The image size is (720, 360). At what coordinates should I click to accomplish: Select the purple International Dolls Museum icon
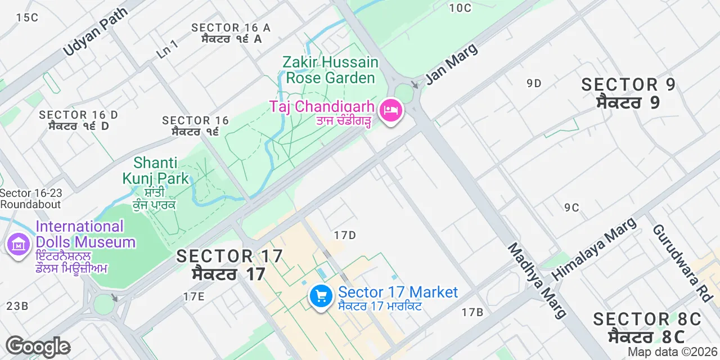click(x=18, y=245)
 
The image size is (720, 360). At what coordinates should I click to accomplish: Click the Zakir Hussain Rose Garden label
click(x=330, y=70)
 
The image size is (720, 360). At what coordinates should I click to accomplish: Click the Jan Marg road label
click(x=452, y=63)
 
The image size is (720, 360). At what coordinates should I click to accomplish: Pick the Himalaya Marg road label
click(x=595, y=248)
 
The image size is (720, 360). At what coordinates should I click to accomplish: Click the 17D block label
click(x=345, y=235)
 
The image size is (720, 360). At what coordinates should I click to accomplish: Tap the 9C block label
click(x=571, y=208)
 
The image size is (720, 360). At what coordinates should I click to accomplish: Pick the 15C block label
click(x=27, y=17)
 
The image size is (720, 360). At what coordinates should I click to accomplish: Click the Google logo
click(x=38, y=346)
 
